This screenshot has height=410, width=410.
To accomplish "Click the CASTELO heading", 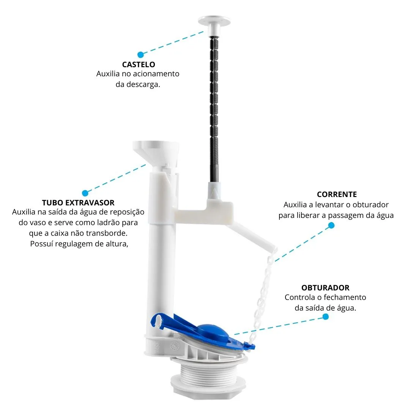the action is pos(139,64).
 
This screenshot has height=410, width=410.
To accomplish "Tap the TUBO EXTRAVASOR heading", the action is pos(78,203).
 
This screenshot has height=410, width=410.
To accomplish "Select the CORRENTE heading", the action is pos(337,194).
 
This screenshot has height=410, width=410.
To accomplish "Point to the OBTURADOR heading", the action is pos(325,288).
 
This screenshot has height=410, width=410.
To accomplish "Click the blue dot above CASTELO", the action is pos(141,55).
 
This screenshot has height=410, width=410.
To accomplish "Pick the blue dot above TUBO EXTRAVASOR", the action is pos(85,193).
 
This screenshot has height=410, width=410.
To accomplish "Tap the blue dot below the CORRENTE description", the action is pos(331,225).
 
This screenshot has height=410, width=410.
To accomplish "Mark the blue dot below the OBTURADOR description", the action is pos(326,317).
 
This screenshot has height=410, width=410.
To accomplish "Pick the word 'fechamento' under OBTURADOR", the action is pos(345,297).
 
